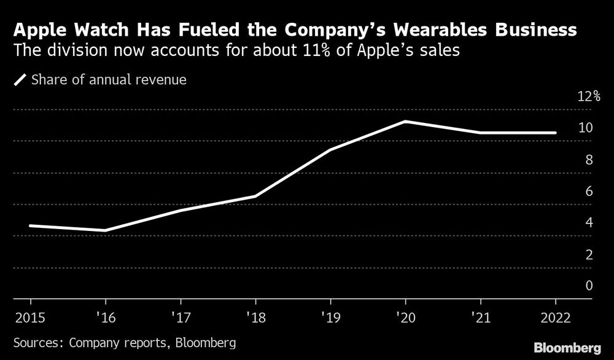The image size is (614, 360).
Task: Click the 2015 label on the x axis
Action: tap(30, 318)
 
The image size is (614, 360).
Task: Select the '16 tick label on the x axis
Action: tap(105, 318)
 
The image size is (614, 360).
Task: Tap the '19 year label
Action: tap(330, 318)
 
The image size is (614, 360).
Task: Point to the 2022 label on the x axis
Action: tap(555, 318)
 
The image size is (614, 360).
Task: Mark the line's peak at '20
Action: tap(405, 121)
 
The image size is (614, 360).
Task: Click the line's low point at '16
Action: tap(105, 230)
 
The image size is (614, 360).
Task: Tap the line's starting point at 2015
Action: tap(30, 225)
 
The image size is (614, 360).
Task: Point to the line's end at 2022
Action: tap(556, 133)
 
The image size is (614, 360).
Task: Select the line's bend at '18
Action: tap(255, 197)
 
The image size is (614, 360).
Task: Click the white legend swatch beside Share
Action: tap(20, 79)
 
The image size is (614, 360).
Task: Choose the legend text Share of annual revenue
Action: tap(109, 79)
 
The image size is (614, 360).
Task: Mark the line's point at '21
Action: tap(480, 133)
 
